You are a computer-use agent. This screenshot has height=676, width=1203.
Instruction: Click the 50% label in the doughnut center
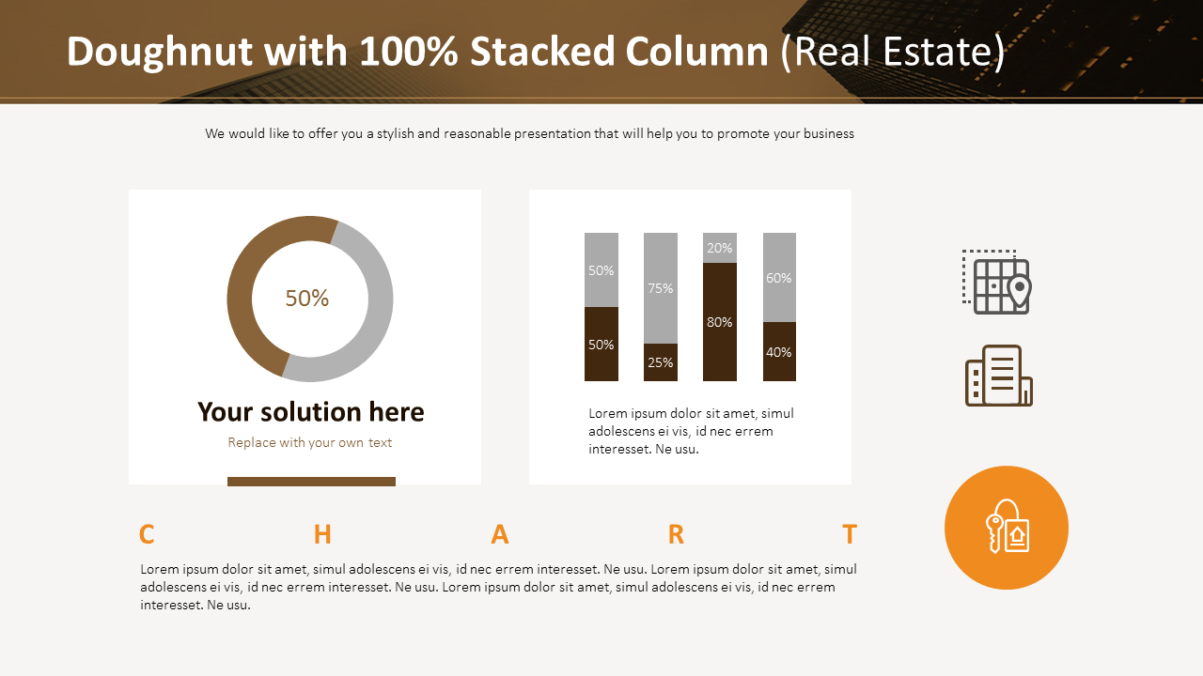(307, 299)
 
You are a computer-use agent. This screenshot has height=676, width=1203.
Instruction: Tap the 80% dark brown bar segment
(719, 322)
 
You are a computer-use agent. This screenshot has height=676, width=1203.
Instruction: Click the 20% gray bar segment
(719, 248)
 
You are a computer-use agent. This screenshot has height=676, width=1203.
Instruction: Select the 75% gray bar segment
(660, 288)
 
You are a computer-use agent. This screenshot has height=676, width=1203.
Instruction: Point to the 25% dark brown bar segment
(660, 362)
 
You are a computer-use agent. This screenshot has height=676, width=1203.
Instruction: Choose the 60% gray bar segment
(779, 278)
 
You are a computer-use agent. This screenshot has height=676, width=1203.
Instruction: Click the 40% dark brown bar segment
(779, 352)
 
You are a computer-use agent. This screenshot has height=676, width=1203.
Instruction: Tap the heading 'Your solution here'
(310, 412)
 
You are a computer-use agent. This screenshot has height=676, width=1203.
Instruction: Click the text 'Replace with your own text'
(309, 442)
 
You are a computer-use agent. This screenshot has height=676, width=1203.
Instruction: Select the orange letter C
(147, 534)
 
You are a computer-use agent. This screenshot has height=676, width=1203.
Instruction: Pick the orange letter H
(322, 534)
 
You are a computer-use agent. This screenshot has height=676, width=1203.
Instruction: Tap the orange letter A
(500, 534)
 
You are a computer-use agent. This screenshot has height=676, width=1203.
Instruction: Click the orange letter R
(676, 534)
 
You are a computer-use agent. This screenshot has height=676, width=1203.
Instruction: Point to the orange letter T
(850, 534)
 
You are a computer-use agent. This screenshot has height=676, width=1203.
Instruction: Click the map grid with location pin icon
(997, 283)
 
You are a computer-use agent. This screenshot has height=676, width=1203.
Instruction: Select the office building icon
(998, 376)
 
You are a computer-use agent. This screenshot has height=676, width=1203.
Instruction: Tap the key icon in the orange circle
(1007, 528)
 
